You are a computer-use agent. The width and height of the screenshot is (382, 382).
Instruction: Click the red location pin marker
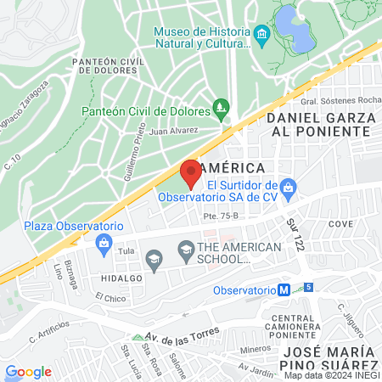coord(190,172)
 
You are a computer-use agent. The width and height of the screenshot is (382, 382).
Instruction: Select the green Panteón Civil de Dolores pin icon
coord(222,108)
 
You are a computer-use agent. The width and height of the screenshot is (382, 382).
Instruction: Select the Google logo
coord(28,371)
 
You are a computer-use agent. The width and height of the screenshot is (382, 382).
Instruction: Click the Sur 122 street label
coord(294,231)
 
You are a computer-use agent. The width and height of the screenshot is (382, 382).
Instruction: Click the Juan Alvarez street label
coord(173,131)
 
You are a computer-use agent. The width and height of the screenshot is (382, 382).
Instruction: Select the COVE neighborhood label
coord(340,224)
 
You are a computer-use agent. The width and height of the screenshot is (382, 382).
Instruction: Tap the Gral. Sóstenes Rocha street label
coord(334,100)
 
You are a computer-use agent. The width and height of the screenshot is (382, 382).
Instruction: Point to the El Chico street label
coord(110,297)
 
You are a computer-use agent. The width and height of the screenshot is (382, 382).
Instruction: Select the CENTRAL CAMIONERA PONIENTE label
coord(291,326)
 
